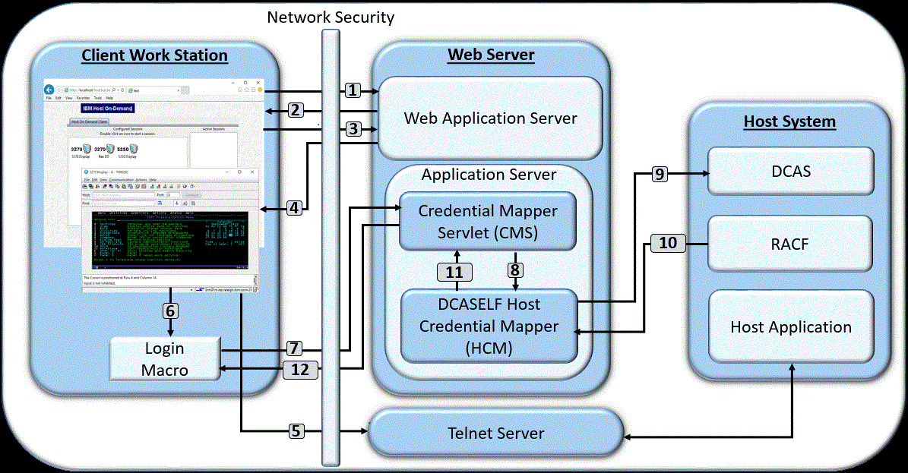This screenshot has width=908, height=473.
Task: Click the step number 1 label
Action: (x=352, y=90)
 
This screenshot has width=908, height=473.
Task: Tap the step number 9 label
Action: (x=659, y=174)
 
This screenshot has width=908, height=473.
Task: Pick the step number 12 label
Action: (x=301, y=369)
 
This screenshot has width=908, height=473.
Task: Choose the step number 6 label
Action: (x=170, y=311)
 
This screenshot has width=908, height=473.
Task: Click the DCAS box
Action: (x=790, y=172)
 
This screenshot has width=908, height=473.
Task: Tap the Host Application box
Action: (x=790, y=327)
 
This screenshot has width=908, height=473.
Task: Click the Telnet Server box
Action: (x=495, y=434)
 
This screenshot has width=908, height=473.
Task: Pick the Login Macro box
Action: (x=165, y=359)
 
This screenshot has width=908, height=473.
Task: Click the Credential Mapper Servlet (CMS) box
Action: (x=488, y=222)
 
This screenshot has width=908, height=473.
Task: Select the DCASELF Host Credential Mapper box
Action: (x=489, y=326)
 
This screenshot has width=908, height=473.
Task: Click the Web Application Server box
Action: (x=490, y=118)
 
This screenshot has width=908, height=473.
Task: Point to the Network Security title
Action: (x=331, y=16)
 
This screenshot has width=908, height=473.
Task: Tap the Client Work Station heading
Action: (x=154, y=55)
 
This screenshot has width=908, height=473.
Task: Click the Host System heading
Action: (x=789, y=121)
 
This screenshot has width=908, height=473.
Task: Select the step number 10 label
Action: (x=668, y=243)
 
